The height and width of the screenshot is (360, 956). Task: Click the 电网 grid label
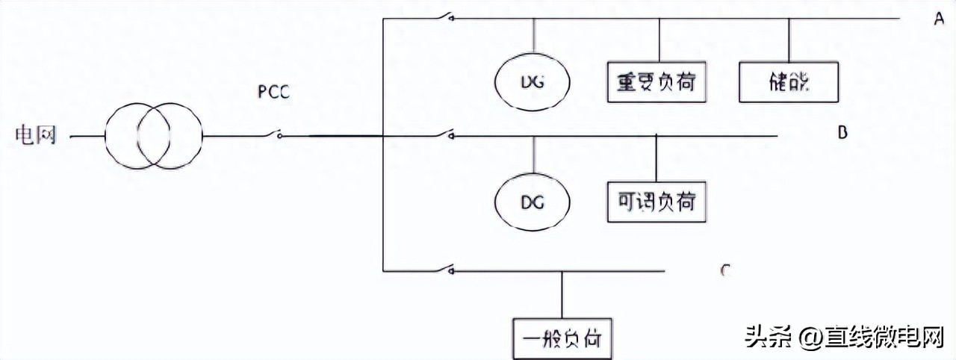pyautogui.click(x=35, y=136)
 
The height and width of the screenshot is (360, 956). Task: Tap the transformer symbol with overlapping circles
pyautogui.click(x=152, y=137)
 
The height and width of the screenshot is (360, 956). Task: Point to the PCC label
pyautogui.click(x=273, y=93)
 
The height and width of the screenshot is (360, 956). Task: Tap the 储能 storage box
pyautogui.click(x=789, y=81)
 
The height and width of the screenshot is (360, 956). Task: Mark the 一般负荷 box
pyautogui.click(x=562, y=339)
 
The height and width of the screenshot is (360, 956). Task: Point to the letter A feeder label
pyautogui.click(x=939, y=19)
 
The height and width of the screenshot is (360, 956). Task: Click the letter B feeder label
pyautogui.click(x=842, y=133)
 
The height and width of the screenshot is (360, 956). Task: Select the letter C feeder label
pyautogui.click(x=724, y=270)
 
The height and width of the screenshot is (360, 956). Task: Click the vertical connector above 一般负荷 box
pyautogui.click(x=562, y=295)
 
